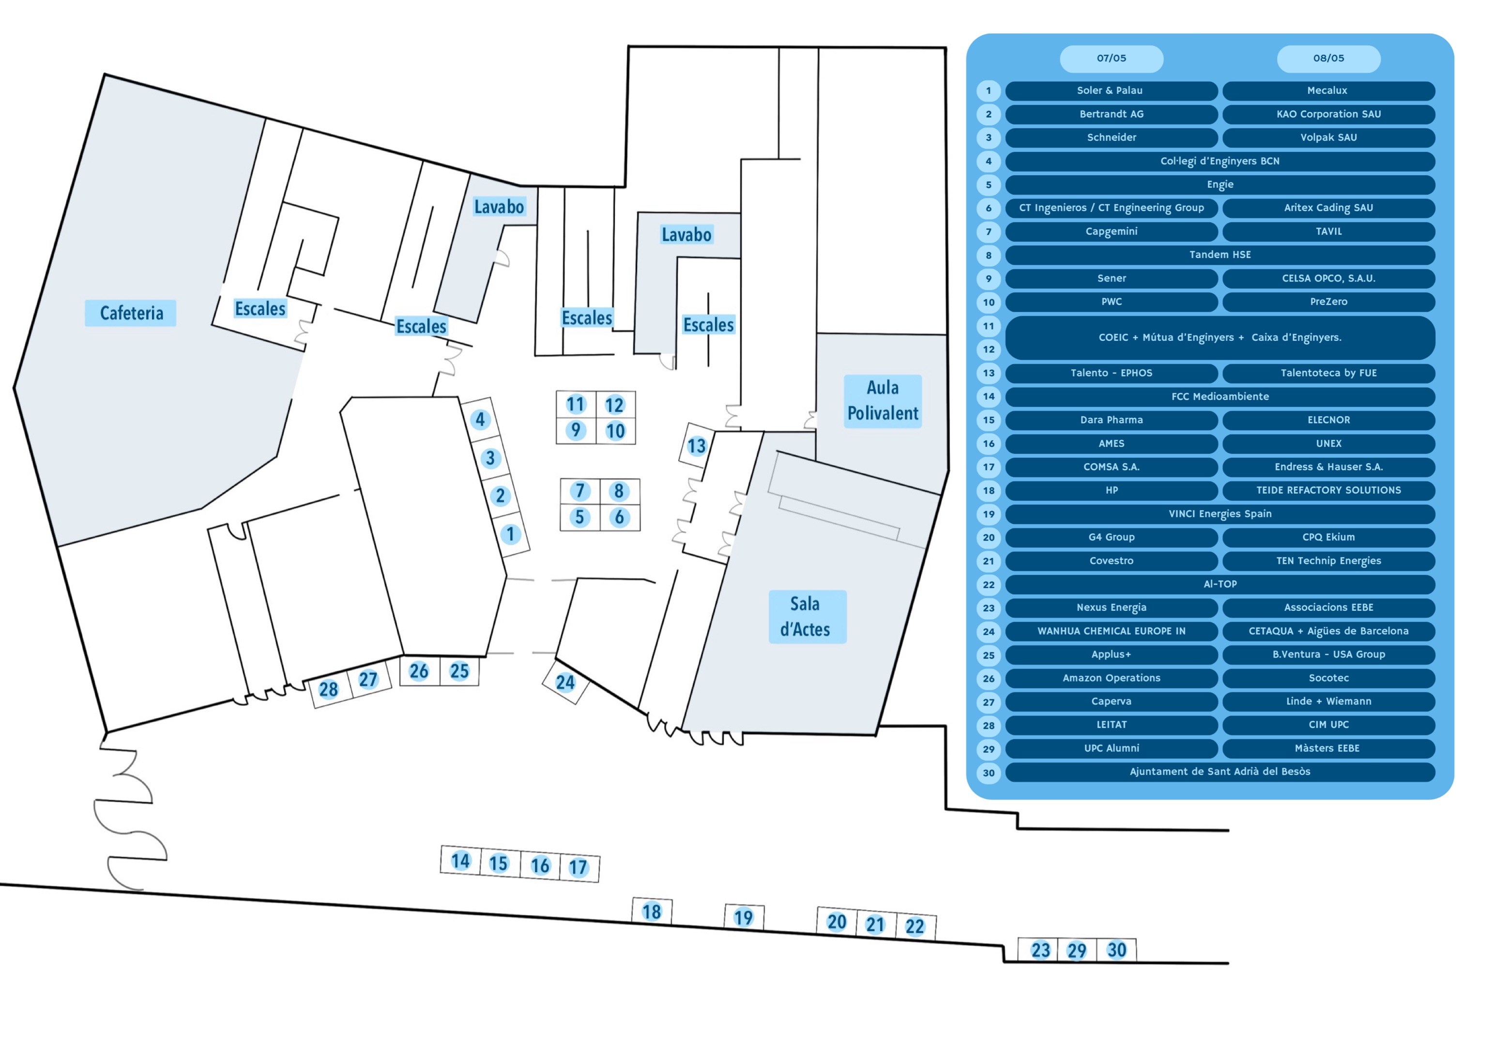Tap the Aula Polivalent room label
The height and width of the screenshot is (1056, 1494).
click(883, 401)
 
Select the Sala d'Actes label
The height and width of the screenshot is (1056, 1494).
click(807, 617)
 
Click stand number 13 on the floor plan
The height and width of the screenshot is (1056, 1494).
click(696, 446)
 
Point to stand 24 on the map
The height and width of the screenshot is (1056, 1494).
click(565, 682)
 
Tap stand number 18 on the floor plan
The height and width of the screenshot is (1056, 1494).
click(651, 912)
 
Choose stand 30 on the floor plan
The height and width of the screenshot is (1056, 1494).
click(1116, 950)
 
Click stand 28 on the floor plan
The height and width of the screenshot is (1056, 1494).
click(329, 690)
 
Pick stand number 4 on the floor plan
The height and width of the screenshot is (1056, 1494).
click(480, 420)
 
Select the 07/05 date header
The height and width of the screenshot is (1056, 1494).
click(1112, 59)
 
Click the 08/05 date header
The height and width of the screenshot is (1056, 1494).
click(1328, 59)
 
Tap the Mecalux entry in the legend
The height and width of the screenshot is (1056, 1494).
click(1328, 91)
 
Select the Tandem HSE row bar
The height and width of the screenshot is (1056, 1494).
click(1220, 255)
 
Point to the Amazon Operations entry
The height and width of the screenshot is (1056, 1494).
click(1112, 678)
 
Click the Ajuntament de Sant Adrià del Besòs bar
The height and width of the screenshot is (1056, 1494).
click(1220, 771)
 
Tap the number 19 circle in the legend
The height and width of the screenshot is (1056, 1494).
click(989, 514)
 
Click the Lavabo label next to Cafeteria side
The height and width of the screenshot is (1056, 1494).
click(499, 207)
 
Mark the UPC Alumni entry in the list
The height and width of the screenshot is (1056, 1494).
click(1112, 748)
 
